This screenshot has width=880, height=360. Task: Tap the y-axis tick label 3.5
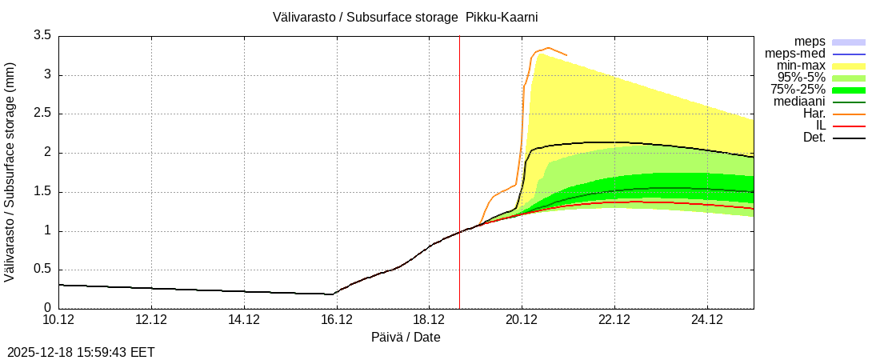42,35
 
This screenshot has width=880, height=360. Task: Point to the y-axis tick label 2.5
42,114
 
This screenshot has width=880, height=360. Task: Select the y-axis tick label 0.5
42,270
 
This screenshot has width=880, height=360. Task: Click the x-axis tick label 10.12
58,320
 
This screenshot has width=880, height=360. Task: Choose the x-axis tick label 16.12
337,320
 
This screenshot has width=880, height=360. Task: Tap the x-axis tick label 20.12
522,320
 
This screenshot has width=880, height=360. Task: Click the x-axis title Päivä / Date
406,338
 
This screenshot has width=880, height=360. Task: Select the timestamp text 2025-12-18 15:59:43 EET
81,352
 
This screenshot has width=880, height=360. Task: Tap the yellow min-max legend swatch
849,66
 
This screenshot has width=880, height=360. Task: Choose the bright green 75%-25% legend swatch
849,90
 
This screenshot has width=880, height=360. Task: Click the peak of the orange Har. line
548,48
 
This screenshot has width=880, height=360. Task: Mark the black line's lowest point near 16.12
333,294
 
